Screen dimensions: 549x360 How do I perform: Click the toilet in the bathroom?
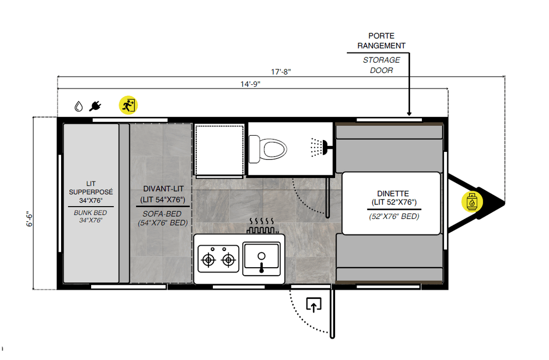point(268,149)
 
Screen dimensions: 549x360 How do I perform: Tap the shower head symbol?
point(319,147)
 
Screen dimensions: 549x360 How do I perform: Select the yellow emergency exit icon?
point(128,105)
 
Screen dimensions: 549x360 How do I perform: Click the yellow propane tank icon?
point(472,202)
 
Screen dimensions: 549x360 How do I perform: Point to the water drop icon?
point(79,106)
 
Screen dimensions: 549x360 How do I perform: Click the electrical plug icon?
point(95,106)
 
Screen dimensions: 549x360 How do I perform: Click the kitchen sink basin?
point(262,259)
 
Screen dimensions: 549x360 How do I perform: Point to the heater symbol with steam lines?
point(262,225)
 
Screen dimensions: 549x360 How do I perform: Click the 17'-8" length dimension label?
point(281,72)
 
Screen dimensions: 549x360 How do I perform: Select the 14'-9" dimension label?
point(250,84)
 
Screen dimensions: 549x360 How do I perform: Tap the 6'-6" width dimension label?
point(29,219)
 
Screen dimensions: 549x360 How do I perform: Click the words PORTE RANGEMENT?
point(381,41)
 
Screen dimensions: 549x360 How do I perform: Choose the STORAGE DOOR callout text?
point(381,65)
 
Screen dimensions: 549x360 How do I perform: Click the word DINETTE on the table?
point(393,194)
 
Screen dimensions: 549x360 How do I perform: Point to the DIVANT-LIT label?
point(163,189)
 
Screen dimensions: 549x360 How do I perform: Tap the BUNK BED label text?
point(90,213)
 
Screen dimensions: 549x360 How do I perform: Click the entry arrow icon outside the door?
point(314,305)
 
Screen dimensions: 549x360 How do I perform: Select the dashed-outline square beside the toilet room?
point(219,150)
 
